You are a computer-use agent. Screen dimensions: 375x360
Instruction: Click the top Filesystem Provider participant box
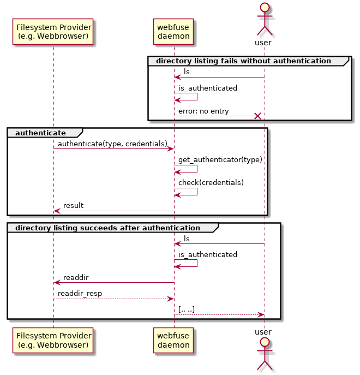click(x=53, y=32)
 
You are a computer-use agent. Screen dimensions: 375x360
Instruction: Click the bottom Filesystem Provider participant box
click(x=53, y=341)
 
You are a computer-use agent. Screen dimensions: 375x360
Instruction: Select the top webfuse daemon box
click(x=173, y=32)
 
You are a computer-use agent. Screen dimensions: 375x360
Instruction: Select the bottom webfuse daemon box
click(x=173, y=341)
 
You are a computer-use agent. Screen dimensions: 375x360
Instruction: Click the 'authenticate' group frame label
click(x=40, y=133)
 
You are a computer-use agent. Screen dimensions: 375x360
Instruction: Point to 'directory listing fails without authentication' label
click(x=243, y=61)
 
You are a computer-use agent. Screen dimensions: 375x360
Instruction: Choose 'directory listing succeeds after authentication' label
click(x=108, y=227)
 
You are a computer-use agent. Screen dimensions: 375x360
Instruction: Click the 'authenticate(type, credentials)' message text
click(x=112, y=144)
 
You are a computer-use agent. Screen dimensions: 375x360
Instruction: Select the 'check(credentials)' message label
click(x=211, y=182)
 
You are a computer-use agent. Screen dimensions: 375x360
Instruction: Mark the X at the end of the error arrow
click(x=257, y=116)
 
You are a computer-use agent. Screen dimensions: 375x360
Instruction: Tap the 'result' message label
click(x=73, y=206)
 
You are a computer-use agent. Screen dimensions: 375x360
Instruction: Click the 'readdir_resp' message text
click(x=80, y=293)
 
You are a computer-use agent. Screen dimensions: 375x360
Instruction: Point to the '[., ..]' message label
click(x=187, y=309)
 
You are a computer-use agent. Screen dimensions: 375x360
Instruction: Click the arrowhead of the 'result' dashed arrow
click(x=57, y=211)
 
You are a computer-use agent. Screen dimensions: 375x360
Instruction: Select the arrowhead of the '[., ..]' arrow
click(x=261, y=314)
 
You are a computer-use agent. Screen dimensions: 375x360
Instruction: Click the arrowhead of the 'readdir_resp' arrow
click(x=170, y=299)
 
